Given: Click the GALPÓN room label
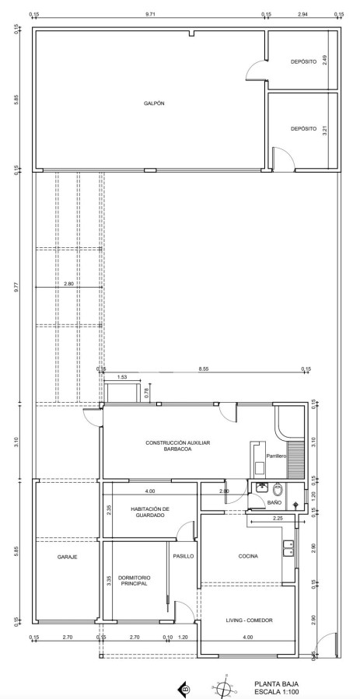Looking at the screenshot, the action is [x=154, y=103].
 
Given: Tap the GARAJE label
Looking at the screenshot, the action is [x=68, y=557].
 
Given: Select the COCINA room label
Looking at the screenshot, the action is [x=248, y=557].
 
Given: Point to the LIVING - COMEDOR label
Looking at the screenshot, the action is [x=249, y=620].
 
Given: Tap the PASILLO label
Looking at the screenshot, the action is [x=183, y=557].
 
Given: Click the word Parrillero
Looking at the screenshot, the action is [x=276, y=456].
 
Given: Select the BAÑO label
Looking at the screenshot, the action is [x=274, y=502].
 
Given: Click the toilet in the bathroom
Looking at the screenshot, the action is [x=278, y=490].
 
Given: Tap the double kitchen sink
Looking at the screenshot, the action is [x=288, y=548].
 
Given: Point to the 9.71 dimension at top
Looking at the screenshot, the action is [x=151, y=14].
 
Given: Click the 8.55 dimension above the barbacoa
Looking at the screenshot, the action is [x=204, y=369].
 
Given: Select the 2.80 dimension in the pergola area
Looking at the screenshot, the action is [x=68, y=283].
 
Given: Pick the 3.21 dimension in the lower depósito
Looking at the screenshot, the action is [x=325, y=130].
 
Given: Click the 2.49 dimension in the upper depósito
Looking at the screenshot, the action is [x=325, y=60].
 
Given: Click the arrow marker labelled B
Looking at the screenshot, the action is [x=184, y=689].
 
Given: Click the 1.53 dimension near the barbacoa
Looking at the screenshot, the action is [x=121, y=376].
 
